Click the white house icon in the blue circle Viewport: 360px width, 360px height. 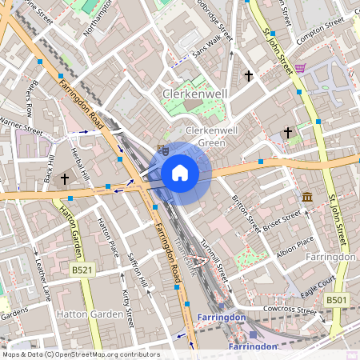pos(180,172)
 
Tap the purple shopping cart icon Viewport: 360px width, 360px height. pos(300,68)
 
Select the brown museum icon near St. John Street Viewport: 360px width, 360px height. pos(307,197)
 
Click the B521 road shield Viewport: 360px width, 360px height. pos(82,270)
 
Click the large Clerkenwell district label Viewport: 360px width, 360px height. pos(196,94)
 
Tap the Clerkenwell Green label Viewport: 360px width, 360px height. pos(214,137)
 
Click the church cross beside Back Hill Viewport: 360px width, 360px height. pos(65,180)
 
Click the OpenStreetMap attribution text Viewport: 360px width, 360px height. pos(80,354)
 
